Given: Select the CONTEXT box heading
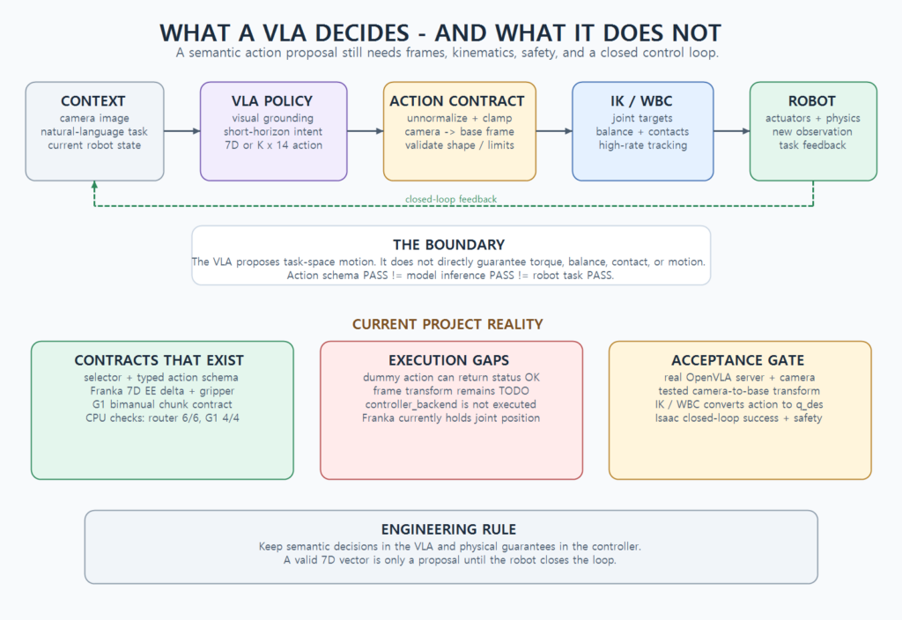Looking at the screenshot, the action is (x=93, y=101).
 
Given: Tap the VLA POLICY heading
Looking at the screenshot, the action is (x=272, y=101).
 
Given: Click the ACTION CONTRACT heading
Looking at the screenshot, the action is (x=457, y=101).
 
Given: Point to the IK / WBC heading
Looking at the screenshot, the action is (x=641, y=101).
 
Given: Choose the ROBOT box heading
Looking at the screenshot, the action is (x=811, y=101).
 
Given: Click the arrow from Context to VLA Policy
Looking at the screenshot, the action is (x=182, y=131).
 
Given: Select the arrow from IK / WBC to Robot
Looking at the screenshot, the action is (x=732, y=131).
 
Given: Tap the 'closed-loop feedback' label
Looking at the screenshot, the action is (x=451, y=199).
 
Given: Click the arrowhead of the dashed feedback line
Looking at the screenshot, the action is (x=94, y=185).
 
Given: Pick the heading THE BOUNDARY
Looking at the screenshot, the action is (x=448, y=245).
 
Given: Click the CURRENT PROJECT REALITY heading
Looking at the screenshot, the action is (x=447, y=324).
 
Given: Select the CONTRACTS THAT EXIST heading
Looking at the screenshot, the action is (x=159, y=360).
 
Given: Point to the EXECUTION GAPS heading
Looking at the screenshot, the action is (x=448, y=360).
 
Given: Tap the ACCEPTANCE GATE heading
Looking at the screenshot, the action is (x=738, y=360).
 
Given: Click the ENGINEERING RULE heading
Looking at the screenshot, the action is (x=448, y=529).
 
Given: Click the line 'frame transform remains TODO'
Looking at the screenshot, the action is (x=451, y=391).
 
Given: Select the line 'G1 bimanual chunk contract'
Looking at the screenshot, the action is (x=162, y=404).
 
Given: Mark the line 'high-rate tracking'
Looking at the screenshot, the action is (x=643, y=145).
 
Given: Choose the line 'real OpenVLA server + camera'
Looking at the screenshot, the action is (x=739, y=378).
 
